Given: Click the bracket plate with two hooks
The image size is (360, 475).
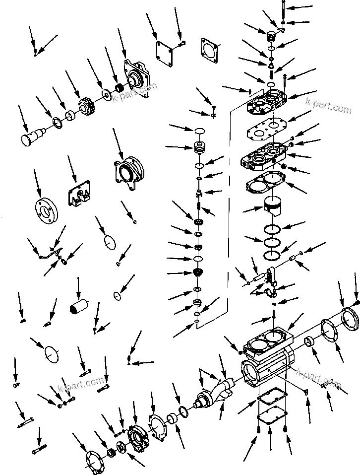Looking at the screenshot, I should tap(79, 195).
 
